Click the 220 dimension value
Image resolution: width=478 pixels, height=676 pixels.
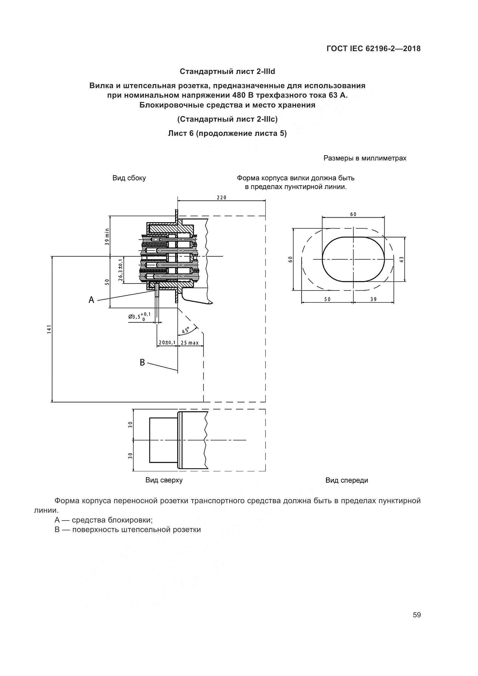coord(222,198)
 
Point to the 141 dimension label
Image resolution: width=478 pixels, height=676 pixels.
coord(49,329)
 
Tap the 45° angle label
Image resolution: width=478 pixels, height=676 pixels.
coord(186,330)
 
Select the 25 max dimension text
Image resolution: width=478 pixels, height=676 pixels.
coord(190,343)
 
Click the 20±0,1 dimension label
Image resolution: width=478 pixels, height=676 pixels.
coord(167,343)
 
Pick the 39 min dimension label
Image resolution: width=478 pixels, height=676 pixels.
coord(107,237)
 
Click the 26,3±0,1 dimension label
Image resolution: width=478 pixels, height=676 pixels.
coord(121,270)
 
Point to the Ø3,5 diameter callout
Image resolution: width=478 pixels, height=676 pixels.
coord(139,316)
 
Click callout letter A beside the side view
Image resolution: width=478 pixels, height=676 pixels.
coord(92,300)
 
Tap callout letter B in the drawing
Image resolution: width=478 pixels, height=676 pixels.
coord(142,362)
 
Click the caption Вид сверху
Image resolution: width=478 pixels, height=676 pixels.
coord(164,480)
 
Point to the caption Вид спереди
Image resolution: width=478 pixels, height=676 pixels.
coord(347,481)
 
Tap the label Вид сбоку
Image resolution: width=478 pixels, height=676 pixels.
coord(129,178)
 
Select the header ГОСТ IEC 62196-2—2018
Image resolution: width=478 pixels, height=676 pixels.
coord(373,49)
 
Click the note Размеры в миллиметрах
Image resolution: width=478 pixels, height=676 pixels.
coord(365,158)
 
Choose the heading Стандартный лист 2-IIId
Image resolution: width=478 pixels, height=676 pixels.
coord(227,72)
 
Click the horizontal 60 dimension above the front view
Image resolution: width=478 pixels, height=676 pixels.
coord(353,214)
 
